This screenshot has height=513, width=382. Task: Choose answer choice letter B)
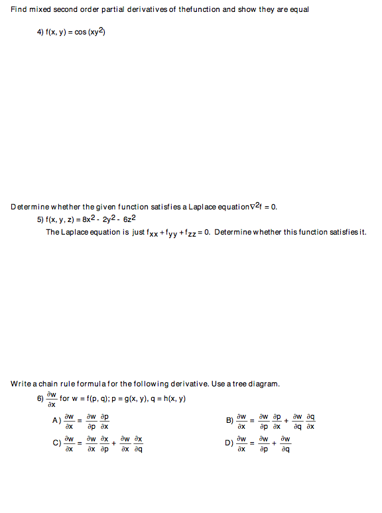tap(229, 420)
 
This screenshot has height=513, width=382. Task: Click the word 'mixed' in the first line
tap(38, 9)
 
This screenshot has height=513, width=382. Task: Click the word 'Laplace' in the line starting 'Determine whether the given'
tap(202, 207)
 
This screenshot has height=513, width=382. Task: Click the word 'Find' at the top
tap(17, 9)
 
